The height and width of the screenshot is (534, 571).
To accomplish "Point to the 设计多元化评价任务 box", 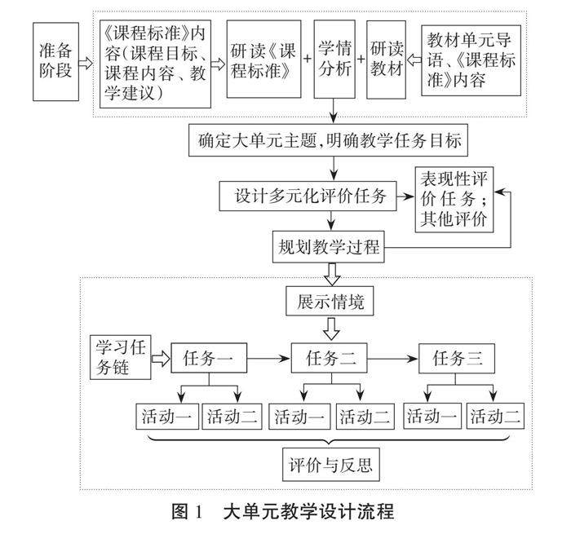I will [x=314, y=196].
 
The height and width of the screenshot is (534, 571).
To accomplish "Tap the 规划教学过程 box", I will [x=330, y=246].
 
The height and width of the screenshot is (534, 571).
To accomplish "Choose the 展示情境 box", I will [x=330, y=303].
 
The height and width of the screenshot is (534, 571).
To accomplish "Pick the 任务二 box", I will [x=330, y=356].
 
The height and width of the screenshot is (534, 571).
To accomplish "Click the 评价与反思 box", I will [x=330, y=467].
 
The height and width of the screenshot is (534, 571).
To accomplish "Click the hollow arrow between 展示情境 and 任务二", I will [x=330, y=329].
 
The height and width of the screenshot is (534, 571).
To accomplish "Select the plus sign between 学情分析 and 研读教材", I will [x=361, y=60].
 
